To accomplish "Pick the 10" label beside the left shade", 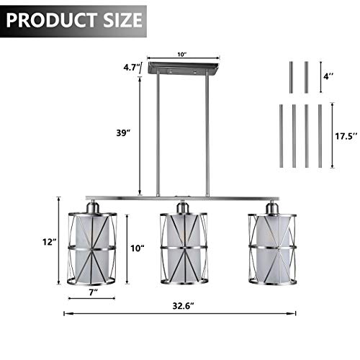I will coord(138,248).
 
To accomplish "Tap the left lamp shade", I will coord(92,245).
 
